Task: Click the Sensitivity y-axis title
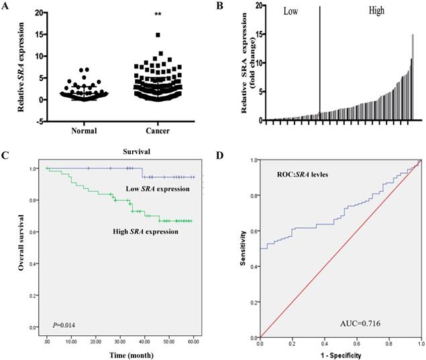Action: point(244,249)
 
